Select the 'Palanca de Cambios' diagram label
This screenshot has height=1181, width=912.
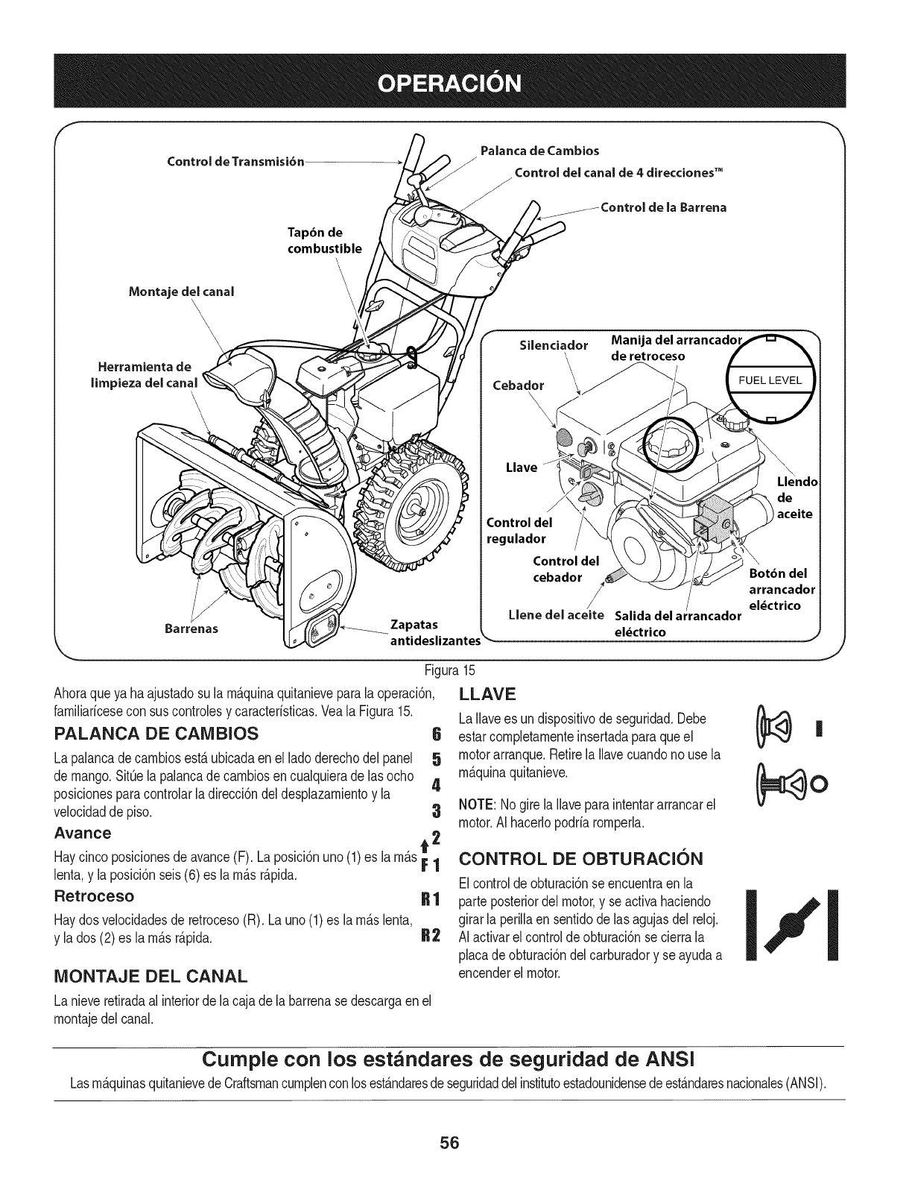(x=539, y=151)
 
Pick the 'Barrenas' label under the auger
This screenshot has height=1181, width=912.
(x=191, y=628)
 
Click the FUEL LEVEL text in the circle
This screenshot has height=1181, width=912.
(x=769, y=380)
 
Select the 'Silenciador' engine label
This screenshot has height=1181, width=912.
(x=554, y=345)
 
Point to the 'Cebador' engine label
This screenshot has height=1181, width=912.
(x=519, y=385)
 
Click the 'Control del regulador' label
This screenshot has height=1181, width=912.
(x=516, y=529)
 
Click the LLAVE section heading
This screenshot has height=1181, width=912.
(x=488, y=695)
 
